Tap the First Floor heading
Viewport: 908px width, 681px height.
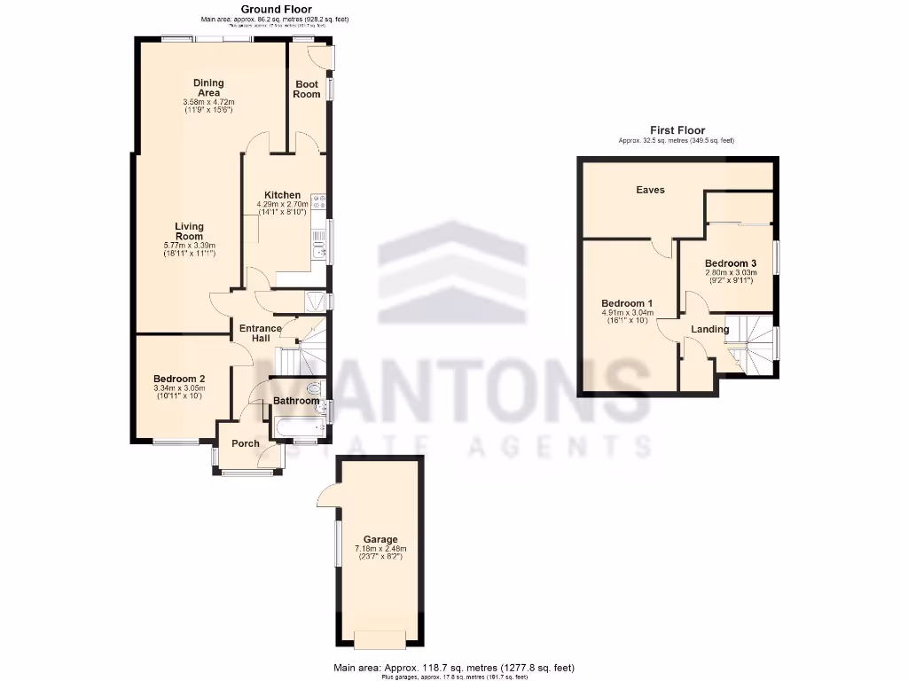point(677,130)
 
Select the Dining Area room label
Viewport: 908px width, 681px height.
point(208,88)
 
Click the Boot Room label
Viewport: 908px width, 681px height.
point(307,89)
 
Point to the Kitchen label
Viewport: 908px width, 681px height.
point(282,195)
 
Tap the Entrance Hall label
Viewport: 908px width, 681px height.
point(261,333)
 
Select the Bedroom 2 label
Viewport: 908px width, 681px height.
point(179,379)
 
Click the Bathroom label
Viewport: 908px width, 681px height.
point(295,401)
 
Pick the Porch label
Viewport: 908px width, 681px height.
point(246,443)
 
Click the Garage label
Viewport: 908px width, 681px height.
point(380,539)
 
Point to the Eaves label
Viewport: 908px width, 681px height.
point(650,190)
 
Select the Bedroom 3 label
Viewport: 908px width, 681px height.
point(731,263)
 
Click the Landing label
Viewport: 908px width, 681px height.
point(710,329)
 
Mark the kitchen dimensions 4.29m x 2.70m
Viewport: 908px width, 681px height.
point(282,205)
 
